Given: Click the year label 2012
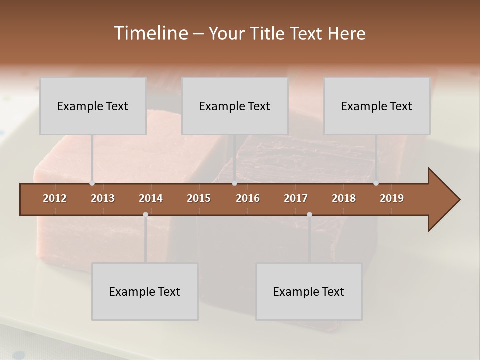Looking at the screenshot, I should click(x=55, y=198).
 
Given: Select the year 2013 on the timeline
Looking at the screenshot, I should click(x=103, y=198).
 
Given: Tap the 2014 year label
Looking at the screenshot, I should click(x=151, y=198).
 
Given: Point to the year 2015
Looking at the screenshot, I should click(x=199, y=198).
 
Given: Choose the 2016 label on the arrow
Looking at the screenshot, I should click(x=248, y=198).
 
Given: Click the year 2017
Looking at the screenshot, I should click(x=296, y=198).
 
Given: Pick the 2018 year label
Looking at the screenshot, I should click(x=344, y=198).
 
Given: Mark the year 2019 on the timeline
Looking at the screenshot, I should click(x=392, y=198).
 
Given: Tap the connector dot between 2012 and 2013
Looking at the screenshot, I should click(x=92, y=183).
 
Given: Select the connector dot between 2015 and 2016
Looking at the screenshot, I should click(x=234, y=183).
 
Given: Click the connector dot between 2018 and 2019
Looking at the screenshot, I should click(x=376, y=183).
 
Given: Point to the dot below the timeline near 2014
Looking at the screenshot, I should click(x=145, y=214).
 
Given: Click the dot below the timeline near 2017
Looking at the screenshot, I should click(x=309, y=214).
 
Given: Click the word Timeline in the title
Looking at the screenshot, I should click(x=150, y=33).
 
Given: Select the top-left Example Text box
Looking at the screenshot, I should click(x=93, y=106).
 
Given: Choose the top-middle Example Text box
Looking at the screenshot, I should click(x=235, y=106).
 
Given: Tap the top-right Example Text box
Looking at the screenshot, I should click(x=377, y=106).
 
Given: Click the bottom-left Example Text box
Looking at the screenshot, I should click(x=145, y=291).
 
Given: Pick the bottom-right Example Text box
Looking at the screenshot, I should click(x=309, y=291).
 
